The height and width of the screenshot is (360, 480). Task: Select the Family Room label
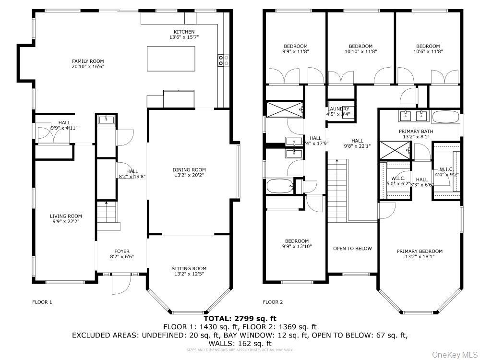coord(88,61)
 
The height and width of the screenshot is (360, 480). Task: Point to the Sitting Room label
coord(189,268)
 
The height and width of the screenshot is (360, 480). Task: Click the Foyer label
coord(121,251)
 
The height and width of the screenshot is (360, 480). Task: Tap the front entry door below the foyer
coord(120,284)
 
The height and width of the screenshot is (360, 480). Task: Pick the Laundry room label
coord(338,109)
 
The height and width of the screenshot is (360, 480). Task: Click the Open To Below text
coord(352,248)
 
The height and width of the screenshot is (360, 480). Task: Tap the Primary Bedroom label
coord(420,251)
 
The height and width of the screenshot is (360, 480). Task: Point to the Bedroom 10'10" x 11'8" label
coord(360,46)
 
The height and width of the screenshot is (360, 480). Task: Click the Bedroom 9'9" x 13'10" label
coord(297,241)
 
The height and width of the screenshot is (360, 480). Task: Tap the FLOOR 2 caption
coord(273,302)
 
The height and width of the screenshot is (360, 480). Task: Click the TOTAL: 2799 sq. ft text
coord(240,318)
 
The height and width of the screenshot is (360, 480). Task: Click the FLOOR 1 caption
coord(42,302)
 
